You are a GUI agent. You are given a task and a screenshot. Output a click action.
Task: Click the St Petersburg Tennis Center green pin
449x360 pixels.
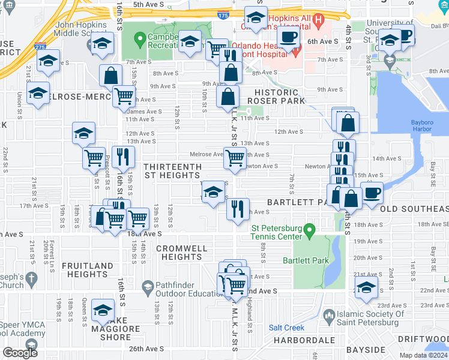[x=309, y=230]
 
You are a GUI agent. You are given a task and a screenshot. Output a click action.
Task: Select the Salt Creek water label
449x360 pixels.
[x=286, y=328]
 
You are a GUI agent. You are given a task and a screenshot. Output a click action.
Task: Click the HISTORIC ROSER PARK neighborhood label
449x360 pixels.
[x=276, y=97]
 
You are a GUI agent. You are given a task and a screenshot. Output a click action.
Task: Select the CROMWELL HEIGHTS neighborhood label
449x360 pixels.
[x=181, y=253]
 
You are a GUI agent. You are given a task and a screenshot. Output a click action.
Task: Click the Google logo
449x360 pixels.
[x=20, y=353]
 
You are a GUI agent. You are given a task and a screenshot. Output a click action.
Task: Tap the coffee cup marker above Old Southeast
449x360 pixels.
[x=372, y=194]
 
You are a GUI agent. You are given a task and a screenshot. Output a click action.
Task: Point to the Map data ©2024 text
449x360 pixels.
[x=424, y=355]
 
